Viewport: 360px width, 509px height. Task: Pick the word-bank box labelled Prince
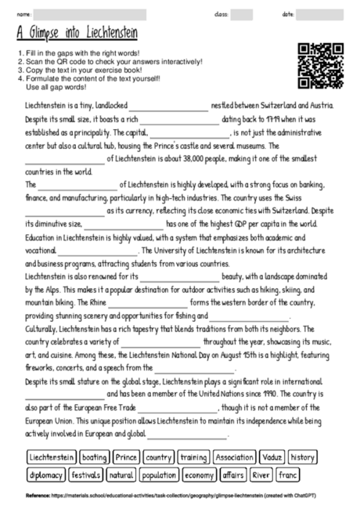125,457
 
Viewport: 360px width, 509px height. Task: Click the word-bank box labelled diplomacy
45,475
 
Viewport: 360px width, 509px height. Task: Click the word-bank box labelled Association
234,457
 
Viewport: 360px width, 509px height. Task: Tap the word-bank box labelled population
160,475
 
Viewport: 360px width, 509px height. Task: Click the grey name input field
90,14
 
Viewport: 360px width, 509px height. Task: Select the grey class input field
242,14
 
